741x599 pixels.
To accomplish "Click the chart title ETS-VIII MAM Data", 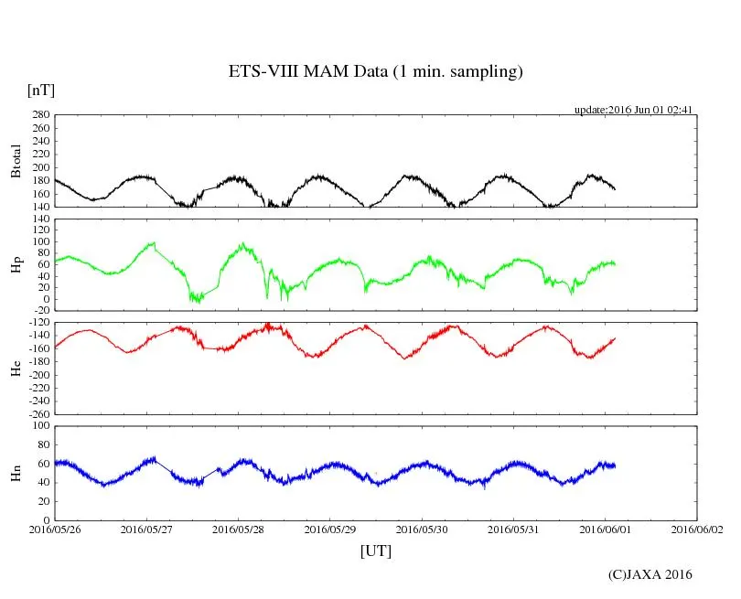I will [x=375, y=72].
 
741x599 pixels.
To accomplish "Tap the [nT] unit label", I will [x=40, y=90].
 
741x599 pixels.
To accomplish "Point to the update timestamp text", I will [x=633, y=110].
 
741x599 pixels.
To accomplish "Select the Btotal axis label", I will [x=16, y=161].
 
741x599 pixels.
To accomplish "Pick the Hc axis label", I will [x=16, y=369].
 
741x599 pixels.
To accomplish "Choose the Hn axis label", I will [x=16, y=473].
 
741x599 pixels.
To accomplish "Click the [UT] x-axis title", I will [x=376, y=551].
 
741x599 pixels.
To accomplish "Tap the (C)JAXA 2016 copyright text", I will [x=650, y=574].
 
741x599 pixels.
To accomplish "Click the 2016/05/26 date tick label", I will [x=55, y=529].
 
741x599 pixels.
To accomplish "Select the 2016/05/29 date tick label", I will [x=330, y=529].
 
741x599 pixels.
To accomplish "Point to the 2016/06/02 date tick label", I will [x=697, y=529].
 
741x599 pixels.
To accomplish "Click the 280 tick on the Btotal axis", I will [x=40, y=115].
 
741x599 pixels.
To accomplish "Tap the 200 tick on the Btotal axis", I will [x=40, y=167].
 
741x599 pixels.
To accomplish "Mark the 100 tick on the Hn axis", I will [x=40, y=425].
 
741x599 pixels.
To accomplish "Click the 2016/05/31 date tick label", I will [x=513, y=529].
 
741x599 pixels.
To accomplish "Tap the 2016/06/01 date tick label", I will [x=605, y=529].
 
